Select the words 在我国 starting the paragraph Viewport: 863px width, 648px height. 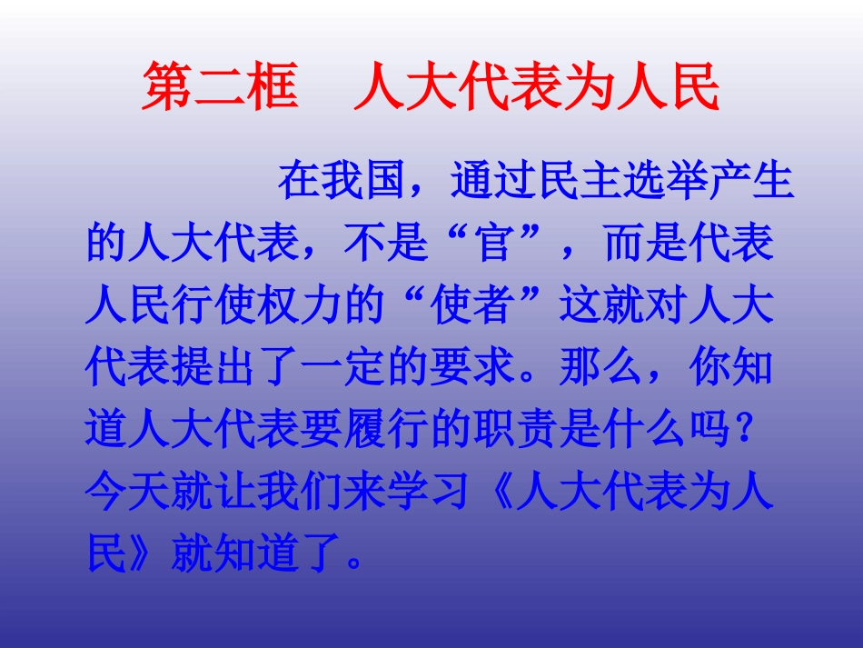tap(341, 182)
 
